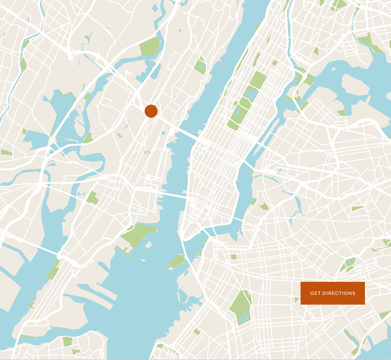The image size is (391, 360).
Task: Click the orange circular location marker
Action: tap(151, 111)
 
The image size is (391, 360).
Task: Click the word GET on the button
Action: tap(315, 293)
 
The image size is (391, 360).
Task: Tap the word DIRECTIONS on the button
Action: tap(339, 293)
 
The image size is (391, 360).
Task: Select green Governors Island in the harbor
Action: tap(177, 261)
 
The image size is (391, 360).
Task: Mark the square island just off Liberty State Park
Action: tap(149, 245)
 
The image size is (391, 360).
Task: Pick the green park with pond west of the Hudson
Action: tap(200, 65)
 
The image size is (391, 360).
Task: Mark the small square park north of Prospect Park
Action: tap(233, 257)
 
